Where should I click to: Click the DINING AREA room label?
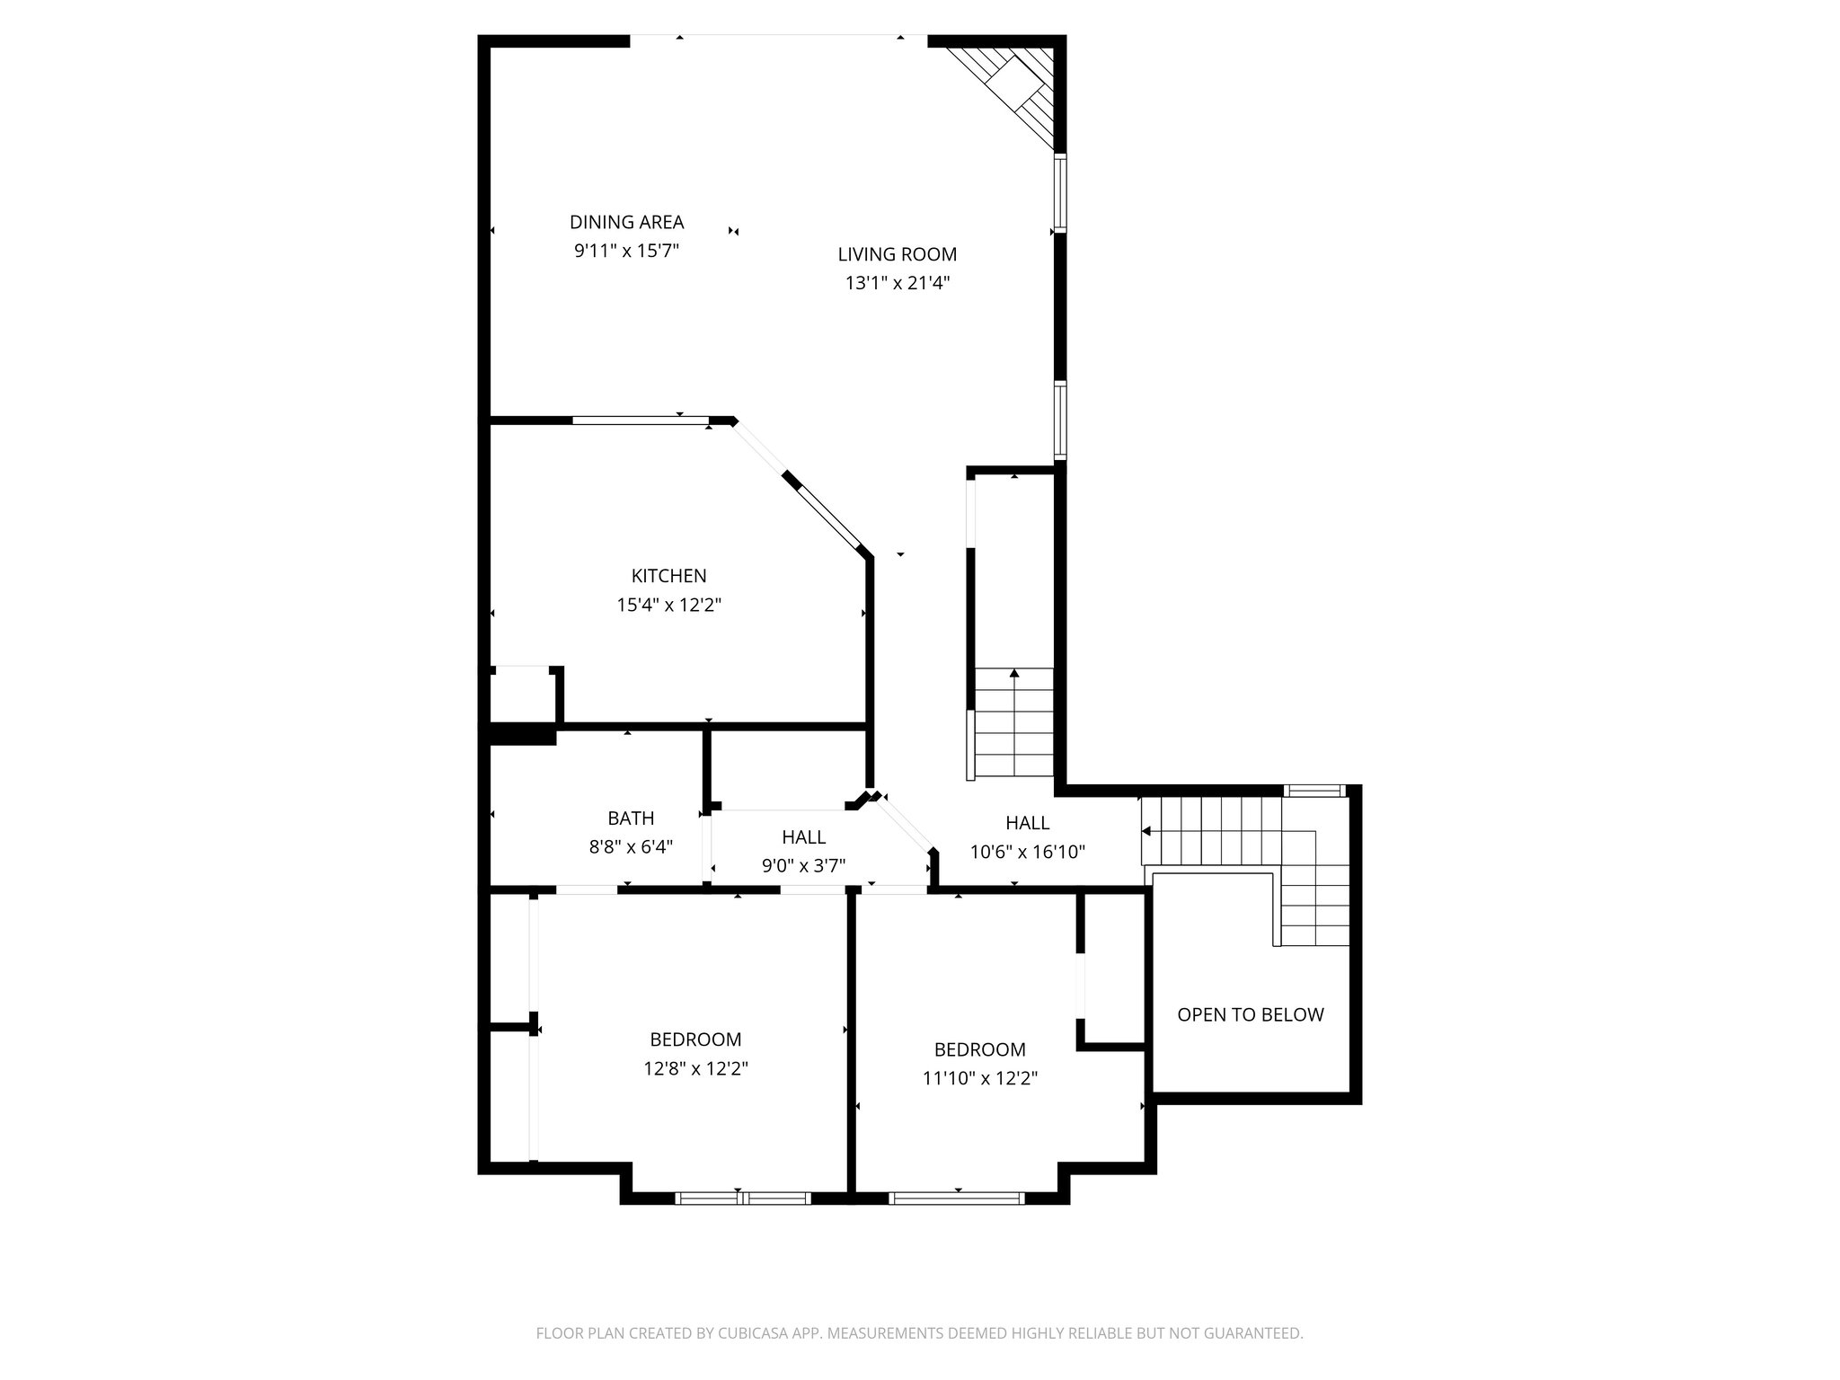click(626, 222)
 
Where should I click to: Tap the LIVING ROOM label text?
click(897, 254)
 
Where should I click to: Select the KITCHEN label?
click(668, 576)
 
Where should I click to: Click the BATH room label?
click(631, 818)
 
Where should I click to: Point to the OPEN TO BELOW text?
click(1250, 1014)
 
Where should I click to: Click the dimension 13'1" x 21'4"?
click(897, 283)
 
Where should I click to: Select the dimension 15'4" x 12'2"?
click(668, 605)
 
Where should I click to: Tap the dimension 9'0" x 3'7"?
click(803, 866)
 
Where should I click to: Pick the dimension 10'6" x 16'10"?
click(1027, 852)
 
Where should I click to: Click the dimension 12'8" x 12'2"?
click(695, 1068)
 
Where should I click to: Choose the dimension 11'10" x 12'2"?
click(979, 1078)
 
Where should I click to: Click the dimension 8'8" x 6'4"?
click(631, 846)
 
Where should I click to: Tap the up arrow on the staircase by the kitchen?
click(1014, 673)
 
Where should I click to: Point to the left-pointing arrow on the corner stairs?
click(1146, 832)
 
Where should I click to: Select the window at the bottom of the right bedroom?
click(956, 1198)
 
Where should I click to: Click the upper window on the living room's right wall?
click(1060, 193)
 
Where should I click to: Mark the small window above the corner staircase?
click(1314, 791)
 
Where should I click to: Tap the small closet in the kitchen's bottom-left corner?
click(522, 694)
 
